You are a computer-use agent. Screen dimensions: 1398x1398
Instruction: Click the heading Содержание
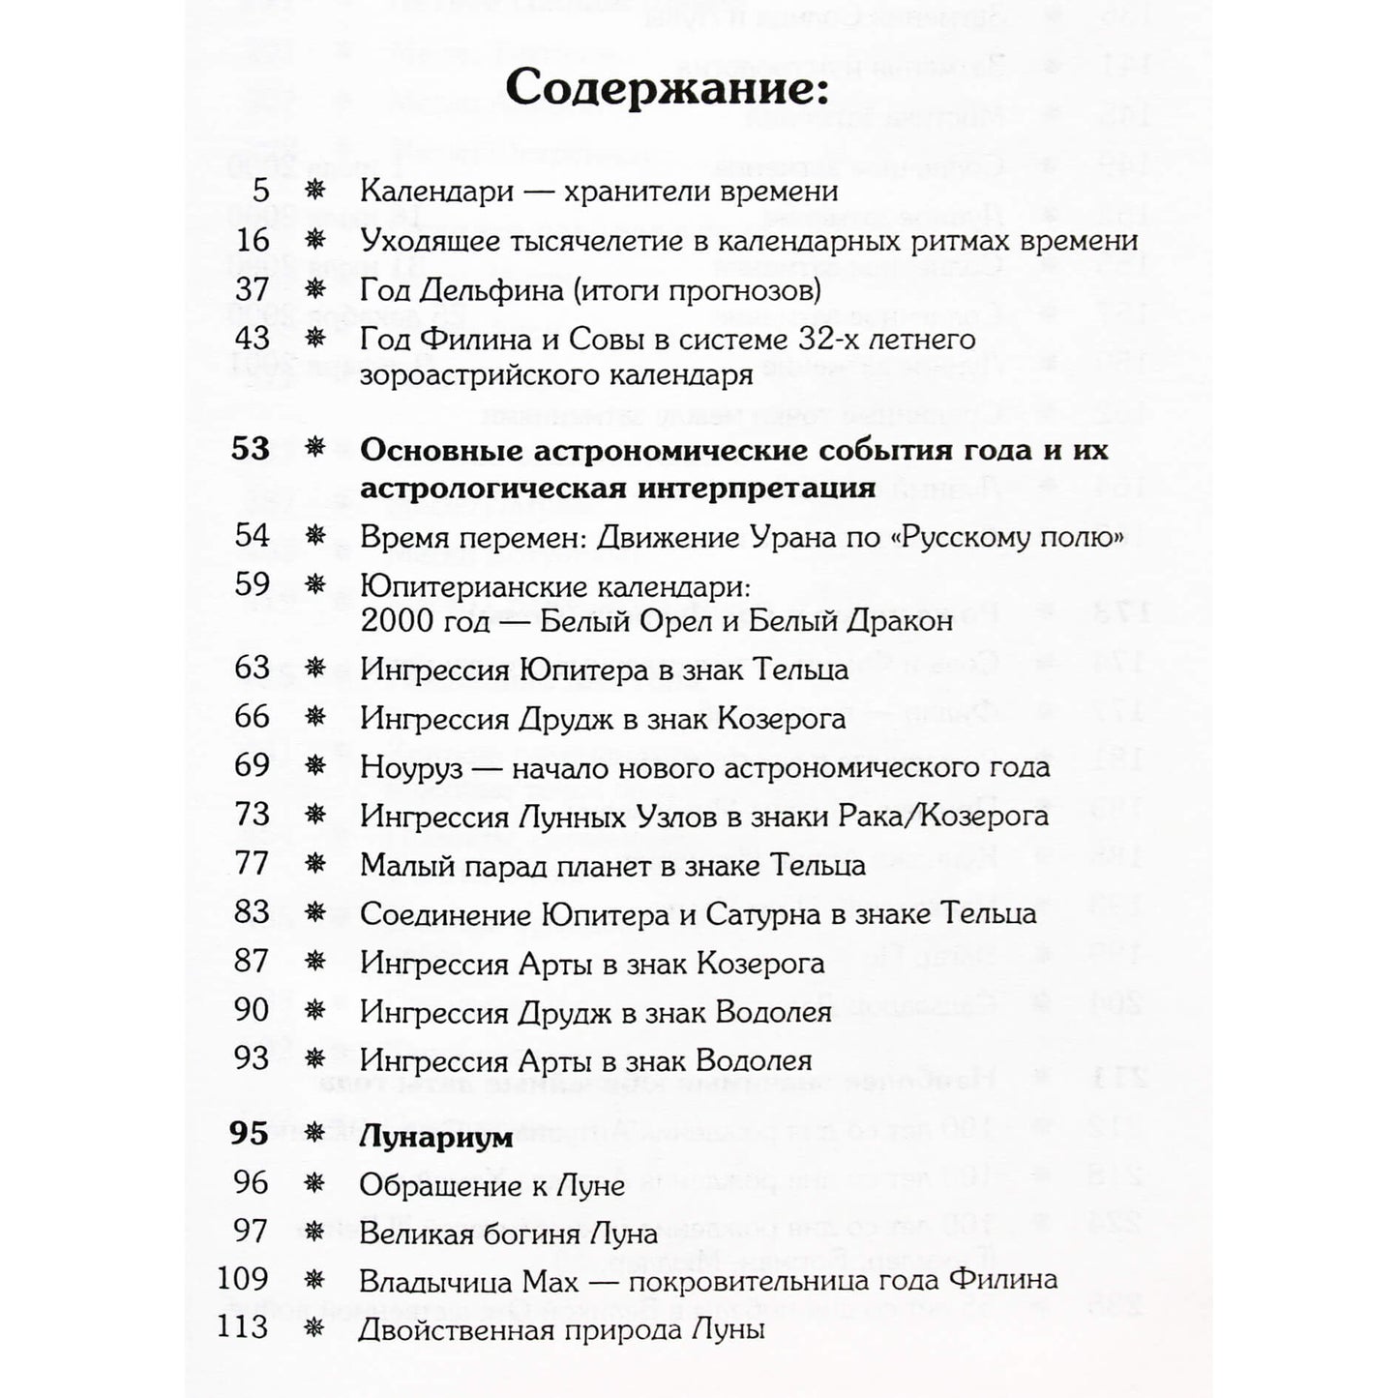(x=667, y=89)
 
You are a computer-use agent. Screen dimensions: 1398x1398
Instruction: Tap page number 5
(x=260, y=191)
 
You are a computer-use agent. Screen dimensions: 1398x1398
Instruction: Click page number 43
(x=253, y=338)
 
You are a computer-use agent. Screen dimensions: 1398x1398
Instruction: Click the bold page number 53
(x=251, y=450)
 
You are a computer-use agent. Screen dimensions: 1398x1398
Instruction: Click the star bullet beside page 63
(x=314, y=669)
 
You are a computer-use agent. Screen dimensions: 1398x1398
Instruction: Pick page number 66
(x=253, y=717)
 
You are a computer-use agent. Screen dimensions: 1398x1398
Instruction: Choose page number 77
(x=253, y=863)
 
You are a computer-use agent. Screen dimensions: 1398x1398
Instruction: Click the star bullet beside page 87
(x=314, y=962)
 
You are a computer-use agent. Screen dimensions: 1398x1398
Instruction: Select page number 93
(x=253, y=1058)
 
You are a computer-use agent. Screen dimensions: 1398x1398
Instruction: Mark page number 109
(x=244, y=1280)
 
